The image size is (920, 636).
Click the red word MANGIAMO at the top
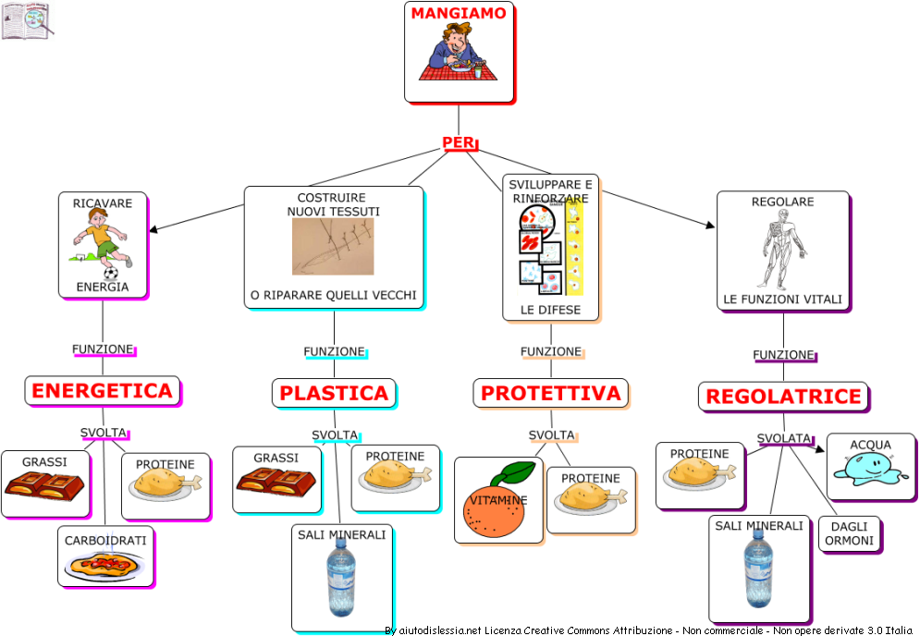459,13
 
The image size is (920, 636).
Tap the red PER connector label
458,142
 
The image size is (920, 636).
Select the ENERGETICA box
102,391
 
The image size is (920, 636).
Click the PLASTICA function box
334,393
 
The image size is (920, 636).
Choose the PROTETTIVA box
550,393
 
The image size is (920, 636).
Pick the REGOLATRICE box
783,397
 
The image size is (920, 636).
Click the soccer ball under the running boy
111,274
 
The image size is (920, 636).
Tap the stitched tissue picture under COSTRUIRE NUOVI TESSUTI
333,246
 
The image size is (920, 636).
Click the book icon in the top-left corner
25,21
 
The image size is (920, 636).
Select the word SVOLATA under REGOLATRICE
784,438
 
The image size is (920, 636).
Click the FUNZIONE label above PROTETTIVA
551,351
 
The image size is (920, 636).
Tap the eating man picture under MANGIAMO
458,55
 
